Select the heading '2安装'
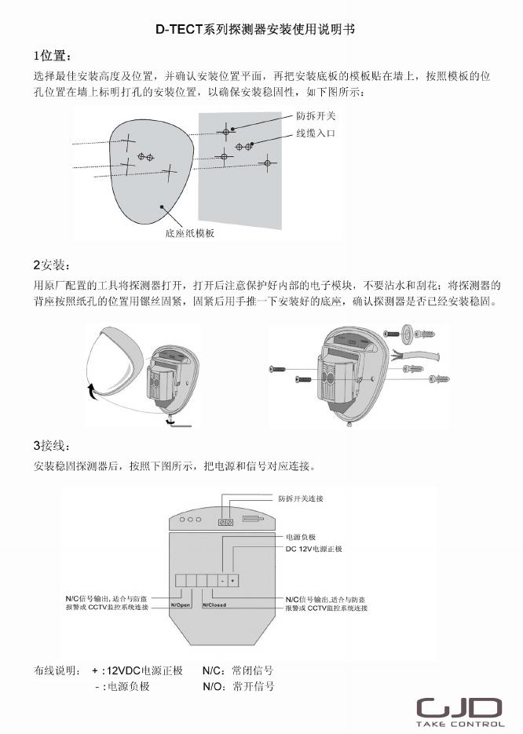tap(52, 264)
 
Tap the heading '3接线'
tap(52, 445)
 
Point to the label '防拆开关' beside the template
tap(315, 116)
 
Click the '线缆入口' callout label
tap(315, 133)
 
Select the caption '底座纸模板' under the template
tap(189, 233)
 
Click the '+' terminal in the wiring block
tap(233, 580)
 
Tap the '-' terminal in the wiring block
tap(222, 580)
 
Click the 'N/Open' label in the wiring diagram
tap(181, 605)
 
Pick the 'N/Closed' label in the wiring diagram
tap(214, 605)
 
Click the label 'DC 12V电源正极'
tap(313, 550)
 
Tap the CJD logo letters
tap(459, 707)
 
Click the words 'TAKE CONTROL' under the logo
tap(460, 724)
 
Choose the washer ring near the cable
tap(408, 332)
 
